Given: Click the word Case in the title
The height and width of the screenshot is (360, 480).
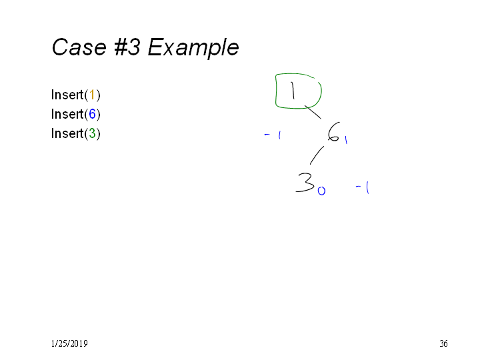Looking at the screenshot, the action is (x=79, y=47).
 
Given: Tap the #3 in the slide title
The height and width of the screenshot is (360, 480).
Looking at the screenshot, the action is (x=127, y=47).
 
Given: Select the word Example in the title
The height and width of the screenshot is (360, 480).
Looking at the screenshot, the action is (x=193, y=48).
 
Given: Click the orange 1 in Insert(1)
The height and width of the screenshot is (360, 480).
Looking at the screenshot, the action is (x=92, y=95).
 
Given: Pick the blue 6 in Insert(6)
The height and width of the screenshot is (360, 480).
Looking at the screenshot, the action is (x=92, y=114).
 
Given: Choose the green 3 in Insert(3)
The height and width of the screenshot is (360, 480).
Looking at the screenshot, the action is (x=92, y=133).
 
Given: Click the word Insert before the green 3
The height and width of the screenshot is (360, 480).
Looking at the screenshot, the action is (x=67, y=133).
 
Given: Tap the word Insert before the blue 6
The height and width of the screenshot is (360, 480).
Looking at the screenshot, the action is (x=67, y=114).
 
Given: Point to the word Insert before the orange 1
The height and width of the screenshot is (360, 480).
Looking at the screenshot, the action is (x=67, y=95).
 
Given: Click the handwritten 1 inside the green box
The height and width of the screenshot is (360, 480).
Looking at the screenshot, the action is (x=293, y=91).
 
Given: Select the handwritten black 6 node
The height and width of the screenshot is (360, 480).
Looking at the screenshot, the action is (x=333, y=132).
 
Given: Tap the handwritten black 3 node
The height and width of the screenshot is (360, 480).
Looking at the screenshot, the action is (x=305, y=183).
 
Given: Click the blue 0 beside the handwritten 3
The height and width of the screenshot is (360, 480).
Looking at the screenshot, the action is (x=321, y=191).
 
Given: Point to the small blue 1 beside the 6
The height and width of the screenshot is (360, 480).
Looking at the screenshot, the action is (x=346, y=140).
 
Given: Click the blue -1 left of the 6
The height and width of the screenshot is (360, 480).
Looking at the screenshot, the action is (x=273, y=135).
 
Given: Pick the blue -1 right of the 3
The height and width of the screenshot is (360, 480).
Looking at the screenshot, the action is (x=363, y=187).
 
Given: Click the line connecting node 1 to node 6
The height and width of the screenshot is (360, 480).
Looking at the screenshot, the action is (x=313, y=112).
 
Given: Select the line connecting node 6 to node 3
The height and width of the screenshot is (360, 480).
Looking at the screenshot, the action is (x=317, y=155).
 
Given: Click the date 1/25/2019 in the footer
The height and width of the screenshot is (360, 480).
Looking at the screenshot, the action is (x=69, y=344).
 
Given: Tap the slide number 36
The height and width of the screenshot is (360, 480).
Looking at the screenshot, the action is (x=443, y=344).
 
